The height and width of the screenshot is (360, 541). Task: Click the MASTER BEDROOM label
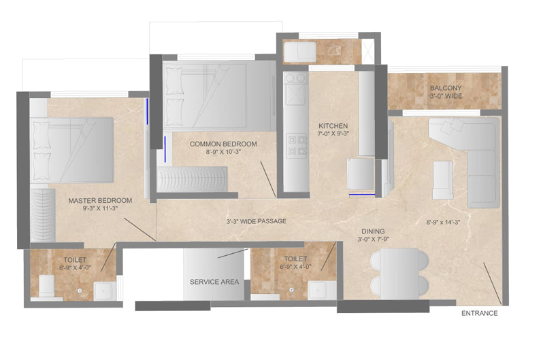[x=100, y=201]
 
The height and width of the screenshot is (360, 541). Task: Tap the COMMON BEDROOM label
[x=223, y=144]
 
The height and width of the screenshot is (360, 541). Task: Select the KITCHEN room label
[x=333, y=126]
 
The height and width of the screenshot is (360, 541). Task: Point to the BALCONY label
[x=446, y=88]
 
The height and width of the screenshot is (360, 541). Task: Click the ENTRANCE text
[x=480, y=314]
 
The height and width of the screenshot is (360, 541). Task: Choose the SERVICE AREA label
[x=214, y=282]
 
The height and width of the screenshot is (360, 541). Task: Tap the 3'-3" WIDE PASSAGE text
[x=257, y=221]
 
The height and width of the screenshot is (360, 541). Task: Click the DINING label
[x=373, y=231]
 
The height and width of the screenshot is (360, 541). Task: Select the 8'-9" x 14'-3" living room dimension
[x=444, y=223]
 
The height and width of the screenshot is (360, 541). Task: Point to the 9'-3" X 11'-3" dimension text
[x=100, y=208]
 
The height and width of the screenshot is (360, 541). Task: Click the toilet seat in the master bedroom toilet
[x=46, y=286]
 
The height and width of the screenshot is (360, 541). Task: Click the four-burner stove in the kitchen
[x=297, y=146]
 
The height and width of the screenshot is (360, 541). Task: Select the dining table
[x=400, y=274]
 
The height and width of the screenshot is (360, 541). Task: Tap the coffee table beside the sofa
[x=443, y=180]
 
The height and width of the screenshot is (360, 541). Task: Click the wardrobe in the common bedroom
[x=192, y=179]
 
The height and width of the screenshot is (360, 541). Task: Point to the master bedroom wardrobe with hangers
[x=42, y=215]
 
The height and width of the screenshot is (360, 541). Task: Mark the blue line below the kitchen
[x=362, y=195]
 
